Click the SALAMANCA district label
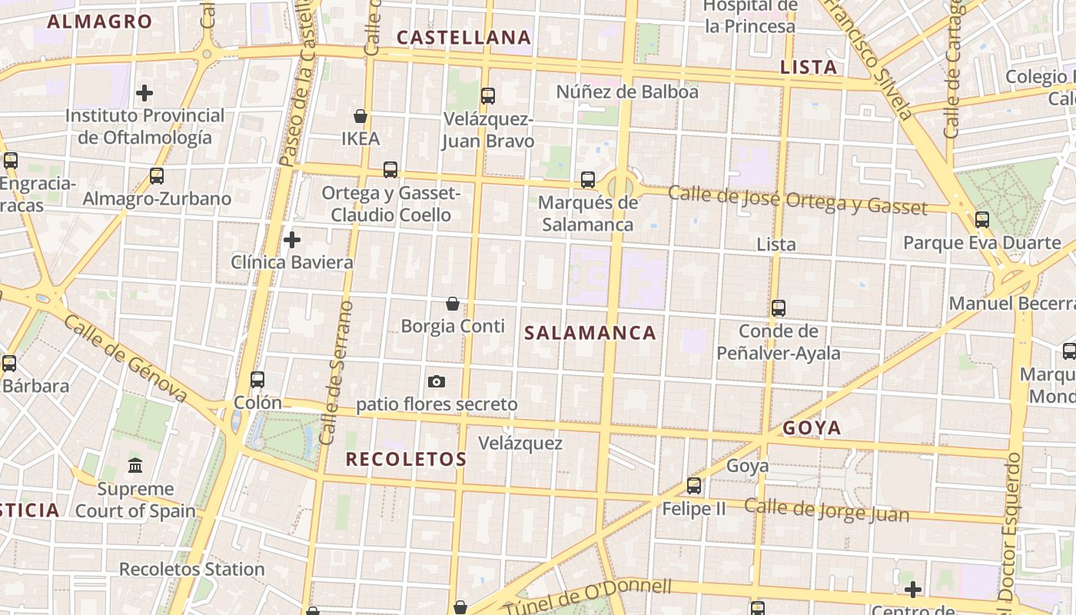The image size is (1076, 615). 590,333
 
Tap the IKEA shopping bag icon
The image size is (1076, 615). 360,117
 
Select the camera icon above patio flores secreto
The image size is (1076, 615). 437,381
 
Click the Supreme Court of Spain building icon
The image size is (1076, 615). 136,465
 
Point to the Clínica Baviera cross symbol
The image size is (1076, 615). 292,240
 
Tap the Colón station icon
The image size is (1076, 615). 257,379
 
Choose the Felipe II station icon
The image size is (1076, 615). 694,486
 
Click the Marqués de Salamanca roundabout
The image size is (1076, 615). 619,184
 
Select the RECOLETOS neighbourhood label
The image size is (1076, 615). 406,460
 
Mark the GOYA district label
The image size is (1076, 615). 812,428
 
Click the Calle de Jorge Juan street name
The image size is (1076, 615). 826,510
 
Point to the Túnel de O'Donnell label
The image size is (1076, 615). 587,596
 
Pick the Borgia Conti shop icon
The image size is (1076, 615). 453,304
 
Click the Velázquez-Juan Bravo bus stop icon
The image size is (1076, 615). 488,96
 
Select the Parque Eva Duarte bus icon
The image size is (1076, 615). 982,220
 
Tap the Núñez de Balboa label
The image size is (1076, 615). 627,92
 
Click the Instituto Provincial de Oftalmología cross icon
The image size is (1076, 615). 144,94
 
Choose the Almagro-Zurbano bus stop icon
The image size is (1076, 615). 157,176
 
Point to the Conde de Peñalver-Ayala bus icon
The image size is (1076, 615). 779,308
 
